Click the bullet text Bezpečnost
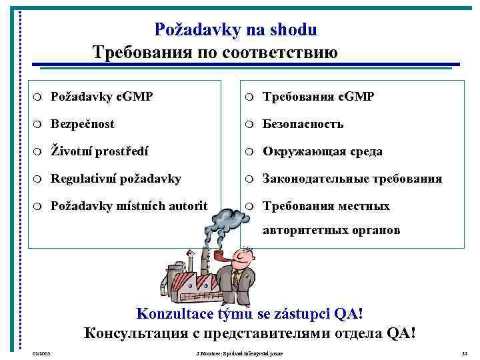(x=82, y=124)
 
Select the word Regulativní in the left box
(x=84, y=179)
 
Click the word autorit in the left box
(x=186, y=206)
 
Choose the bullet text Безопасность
(x=303, y=124)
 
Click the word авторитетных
(x=303, y=231)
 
